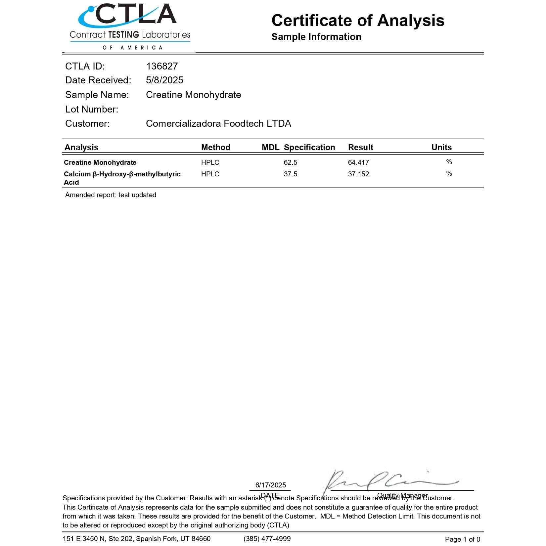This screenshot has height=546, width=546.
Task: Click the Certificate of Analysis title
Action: pyautogui.click(x=358, y=21)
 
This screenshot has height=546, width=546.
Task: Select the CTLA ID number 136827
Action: pyautogui.click(x=162, y=66)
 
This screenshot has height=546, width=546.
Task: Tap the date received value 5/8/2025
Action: pyautogui.click(x=164, y=80)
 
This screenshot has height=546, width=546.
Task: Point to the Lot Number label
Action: pyautogui.click(x=92, y=109)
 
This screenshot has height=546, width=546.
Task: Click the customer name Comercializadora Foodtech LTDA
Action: pyautogui.click(x=218, y=123)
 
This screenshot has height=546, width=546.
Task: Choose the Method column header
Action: pyautogui.click(x=215, y=147)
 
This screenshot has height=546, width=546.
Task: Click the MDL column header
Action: pyautogui.click(x=270, y=147)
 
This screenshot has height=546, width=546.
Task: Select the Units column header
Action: pyautogui.click(x=441, y=147)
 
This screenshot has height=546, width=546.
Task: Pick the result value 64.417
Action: pyautogui.click(x=358, y=162)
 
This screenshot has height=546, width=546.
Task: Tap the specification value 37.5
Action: pyautogui.click(x=291, y=174)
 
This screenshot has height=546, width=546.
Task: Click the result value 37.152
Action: pyautogui.click(x=358, y=174)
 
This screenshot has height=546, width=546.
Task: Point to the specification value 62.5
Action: pyautogui.click(x=291, y=162)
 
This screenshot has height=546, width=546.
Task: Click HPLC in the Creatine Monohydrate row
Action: pyautogui.click(x=210, y=162)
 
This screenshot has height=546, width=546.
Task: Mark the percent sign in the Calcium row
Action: pyautogui.click(x=449, y=173)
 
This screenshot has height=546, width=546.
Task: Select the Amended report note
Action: pyautogui.click(x=111, y=195)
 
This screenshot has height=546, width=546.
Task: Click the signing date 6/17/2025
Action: pyautogui.click(x=270, y=485)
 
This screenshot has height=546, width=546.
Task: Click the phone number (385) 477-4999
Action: pyautogui.click(x=267, y=539)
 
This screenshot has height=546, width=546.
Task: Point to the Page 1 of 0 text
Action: pyautogui.click(x=462, y=539)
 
